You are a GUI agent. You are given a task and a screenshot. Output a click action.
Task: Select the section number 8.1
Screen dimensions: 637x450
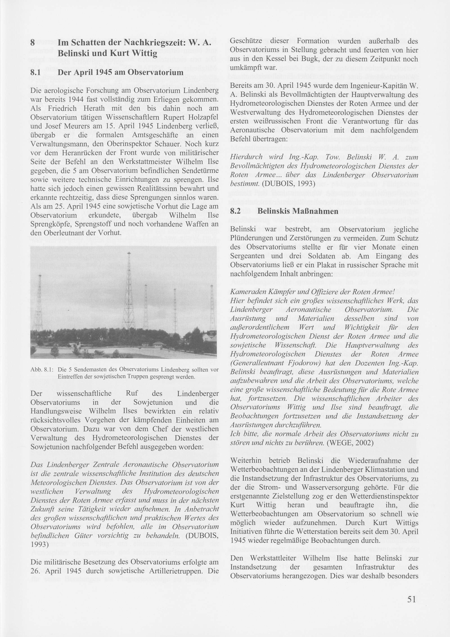pos(36,73)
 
